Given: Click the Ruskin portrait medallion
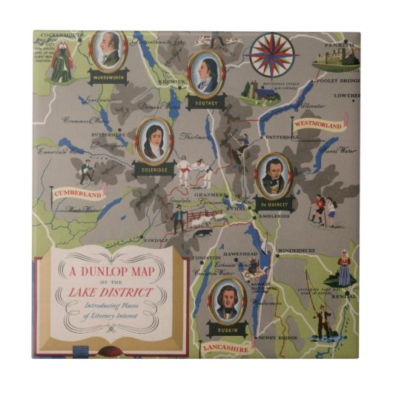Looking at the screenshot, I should tap(223, 299).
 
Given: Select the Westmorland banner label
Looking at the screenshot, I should tap(318, 125).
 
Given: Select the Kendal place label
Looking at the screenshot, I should tap(342, 296).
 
